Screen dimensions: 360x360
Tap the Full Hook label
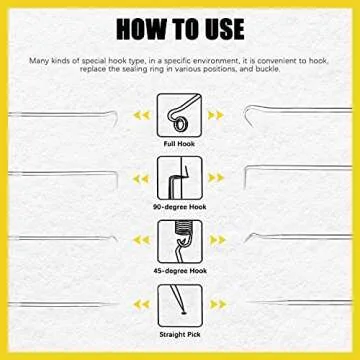tap(180, 144)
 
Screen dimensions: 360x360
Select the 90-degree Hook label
tap(180, 207)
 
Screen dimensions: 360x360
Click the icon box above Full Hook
tap(180, 115)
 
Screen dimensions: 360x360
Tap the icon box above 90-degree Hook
tap(180, 178)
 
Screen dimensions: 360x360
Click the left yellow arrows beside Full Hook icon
tap(144, 115)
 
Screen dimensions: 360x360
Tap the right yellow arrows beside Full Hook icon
tap(216, 115)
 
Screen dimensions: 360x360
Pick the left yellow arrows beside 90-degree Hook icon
tap(144, 178)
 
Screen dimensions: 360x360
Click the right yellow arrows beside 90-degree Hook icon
tap(216, 178)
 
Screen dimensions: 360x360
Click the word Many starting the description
tap(39, 60)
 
